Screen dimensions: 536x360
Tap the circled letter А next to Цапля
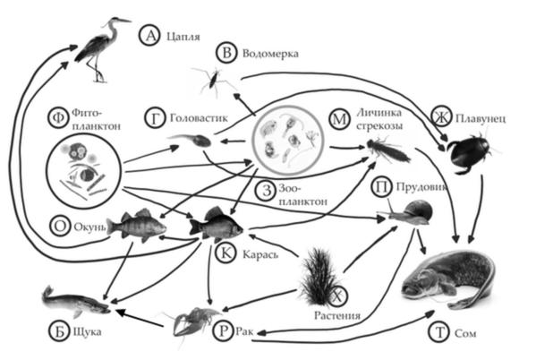pyautogui.click(x=149, y=35)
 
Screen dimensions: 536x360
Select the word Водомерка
pyautogui.click(x=270, y=54)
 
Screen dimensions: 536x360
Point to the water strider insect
pyautogui.click(x=214, y=81)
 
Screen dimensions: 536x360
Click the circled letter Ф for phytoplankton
pyautogui.click(x=58, y=118)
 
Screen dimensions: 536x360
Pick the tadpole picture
pyautogui.click(x=191, y=140)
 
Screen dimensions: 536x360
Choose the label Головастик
pyautogui.click(x=199, y=118)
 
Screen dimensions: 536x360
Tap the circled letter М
pyautogui.click(x=339, y=119)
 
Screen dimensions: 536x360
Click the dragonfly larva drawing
pyautogui.click(x=388, y=150)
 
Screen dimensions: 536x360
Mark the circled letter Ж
pyautogui.click(x=442, y=116)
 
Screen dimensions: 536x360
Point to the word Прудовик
pyautogui.click(x=421, y=187)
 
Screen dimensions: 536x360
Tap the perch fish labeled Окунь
pyautogui.click(x=137, y=225)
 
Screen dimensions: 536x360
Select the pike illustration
pyautogui.click(x=76, y=302)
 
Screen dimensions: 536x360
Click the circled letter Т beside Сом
pyautogui.click(x=439, y=332)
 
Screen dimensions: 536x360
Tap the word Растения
pyautogui.click(x=337, y=315)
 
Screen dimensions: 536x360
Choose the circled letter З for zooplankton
pyautogui.click(x=266, y=191)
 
